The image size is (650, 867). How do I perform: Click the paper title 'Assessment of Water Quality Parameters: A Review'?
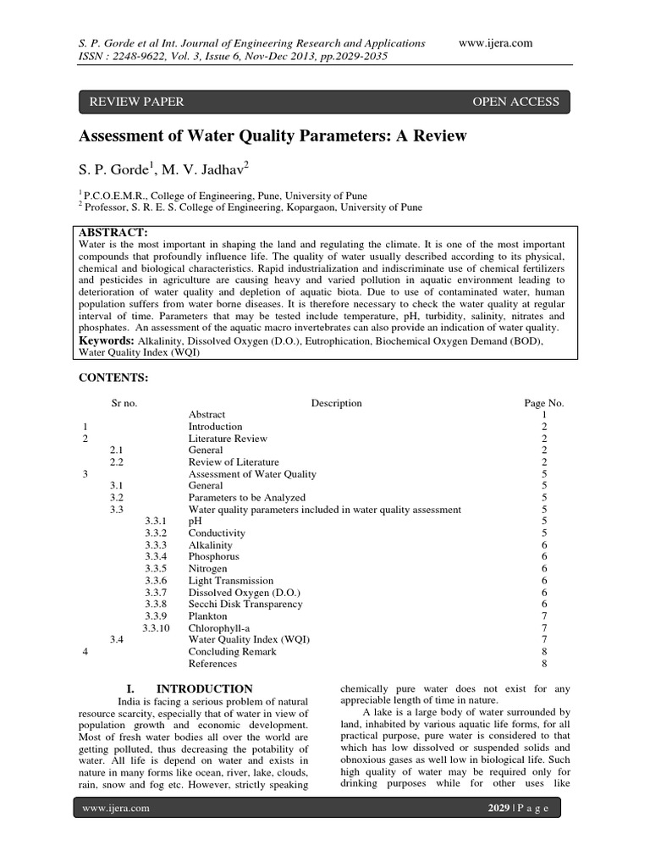pos(273,135)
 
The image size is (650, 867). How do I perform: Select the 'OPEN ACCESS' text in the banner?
pos(515,102)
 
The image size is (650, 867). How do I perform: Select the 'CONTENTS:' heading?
pos(113,377)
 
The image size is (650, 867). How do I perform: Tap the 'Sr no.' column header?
pos(124,403)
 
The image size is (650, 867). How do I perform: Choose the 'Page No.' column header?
pos(544,403)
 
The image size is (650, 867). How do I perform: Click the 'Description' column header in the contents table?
pos(336,403)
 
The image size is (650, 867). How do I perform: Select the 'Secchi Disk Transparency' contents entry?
pos(245,605)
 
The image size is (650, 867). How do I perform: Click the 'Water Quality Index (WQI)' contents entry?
pos(242,640)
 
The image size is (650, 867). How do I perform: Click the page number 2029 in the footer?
pos(498,809)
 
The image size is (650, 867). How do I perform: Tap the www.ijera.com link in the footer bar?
pos(116,809)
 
